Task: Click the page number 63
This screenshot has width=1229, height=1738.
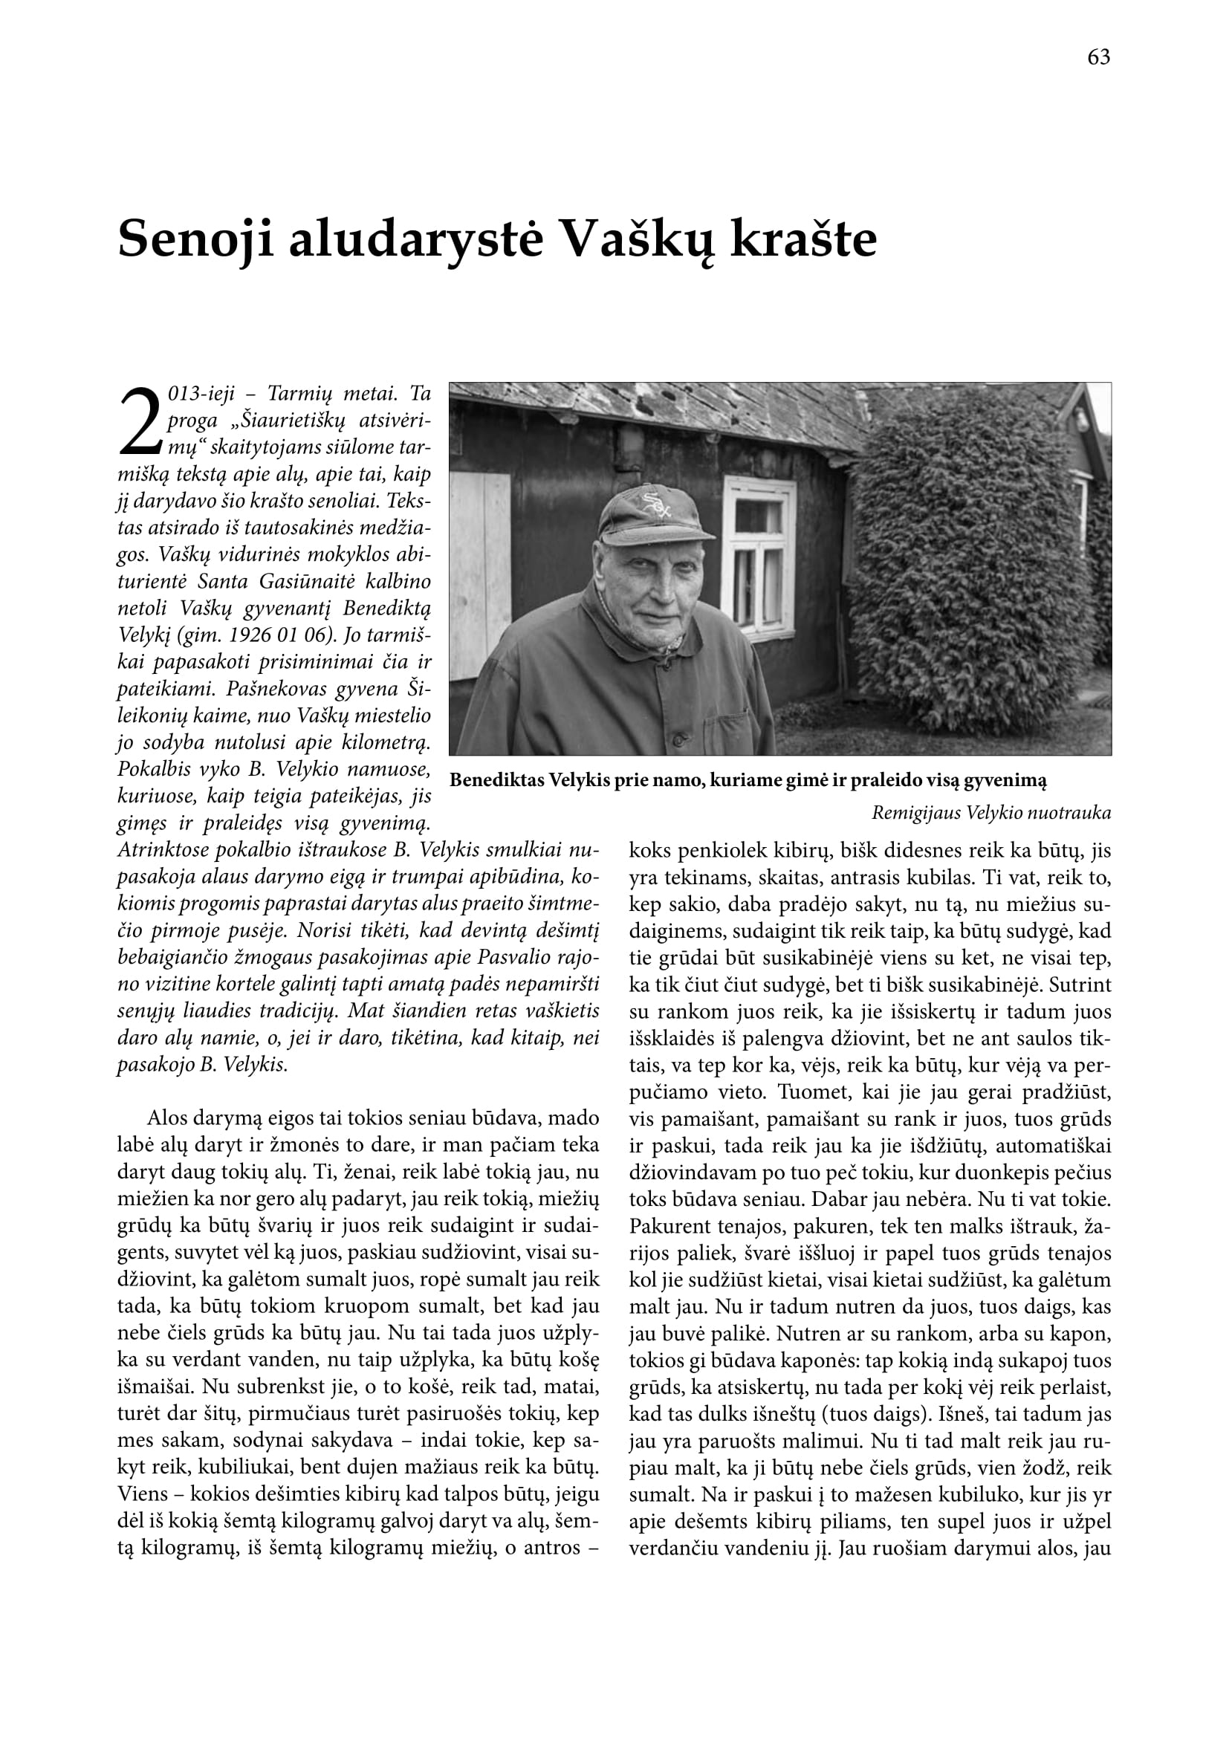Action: coord(1098,57)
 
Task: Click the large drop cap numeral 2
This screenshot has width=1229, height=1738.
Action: coord(140,421)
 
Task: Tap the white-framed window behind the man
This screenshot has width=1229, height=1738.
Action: coord(759,558)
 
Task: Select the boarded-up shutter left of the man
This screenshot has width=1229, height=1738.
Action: coord(480,575)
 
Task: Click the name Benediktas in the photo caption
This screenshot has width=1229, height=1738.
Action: coord(496,780)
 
